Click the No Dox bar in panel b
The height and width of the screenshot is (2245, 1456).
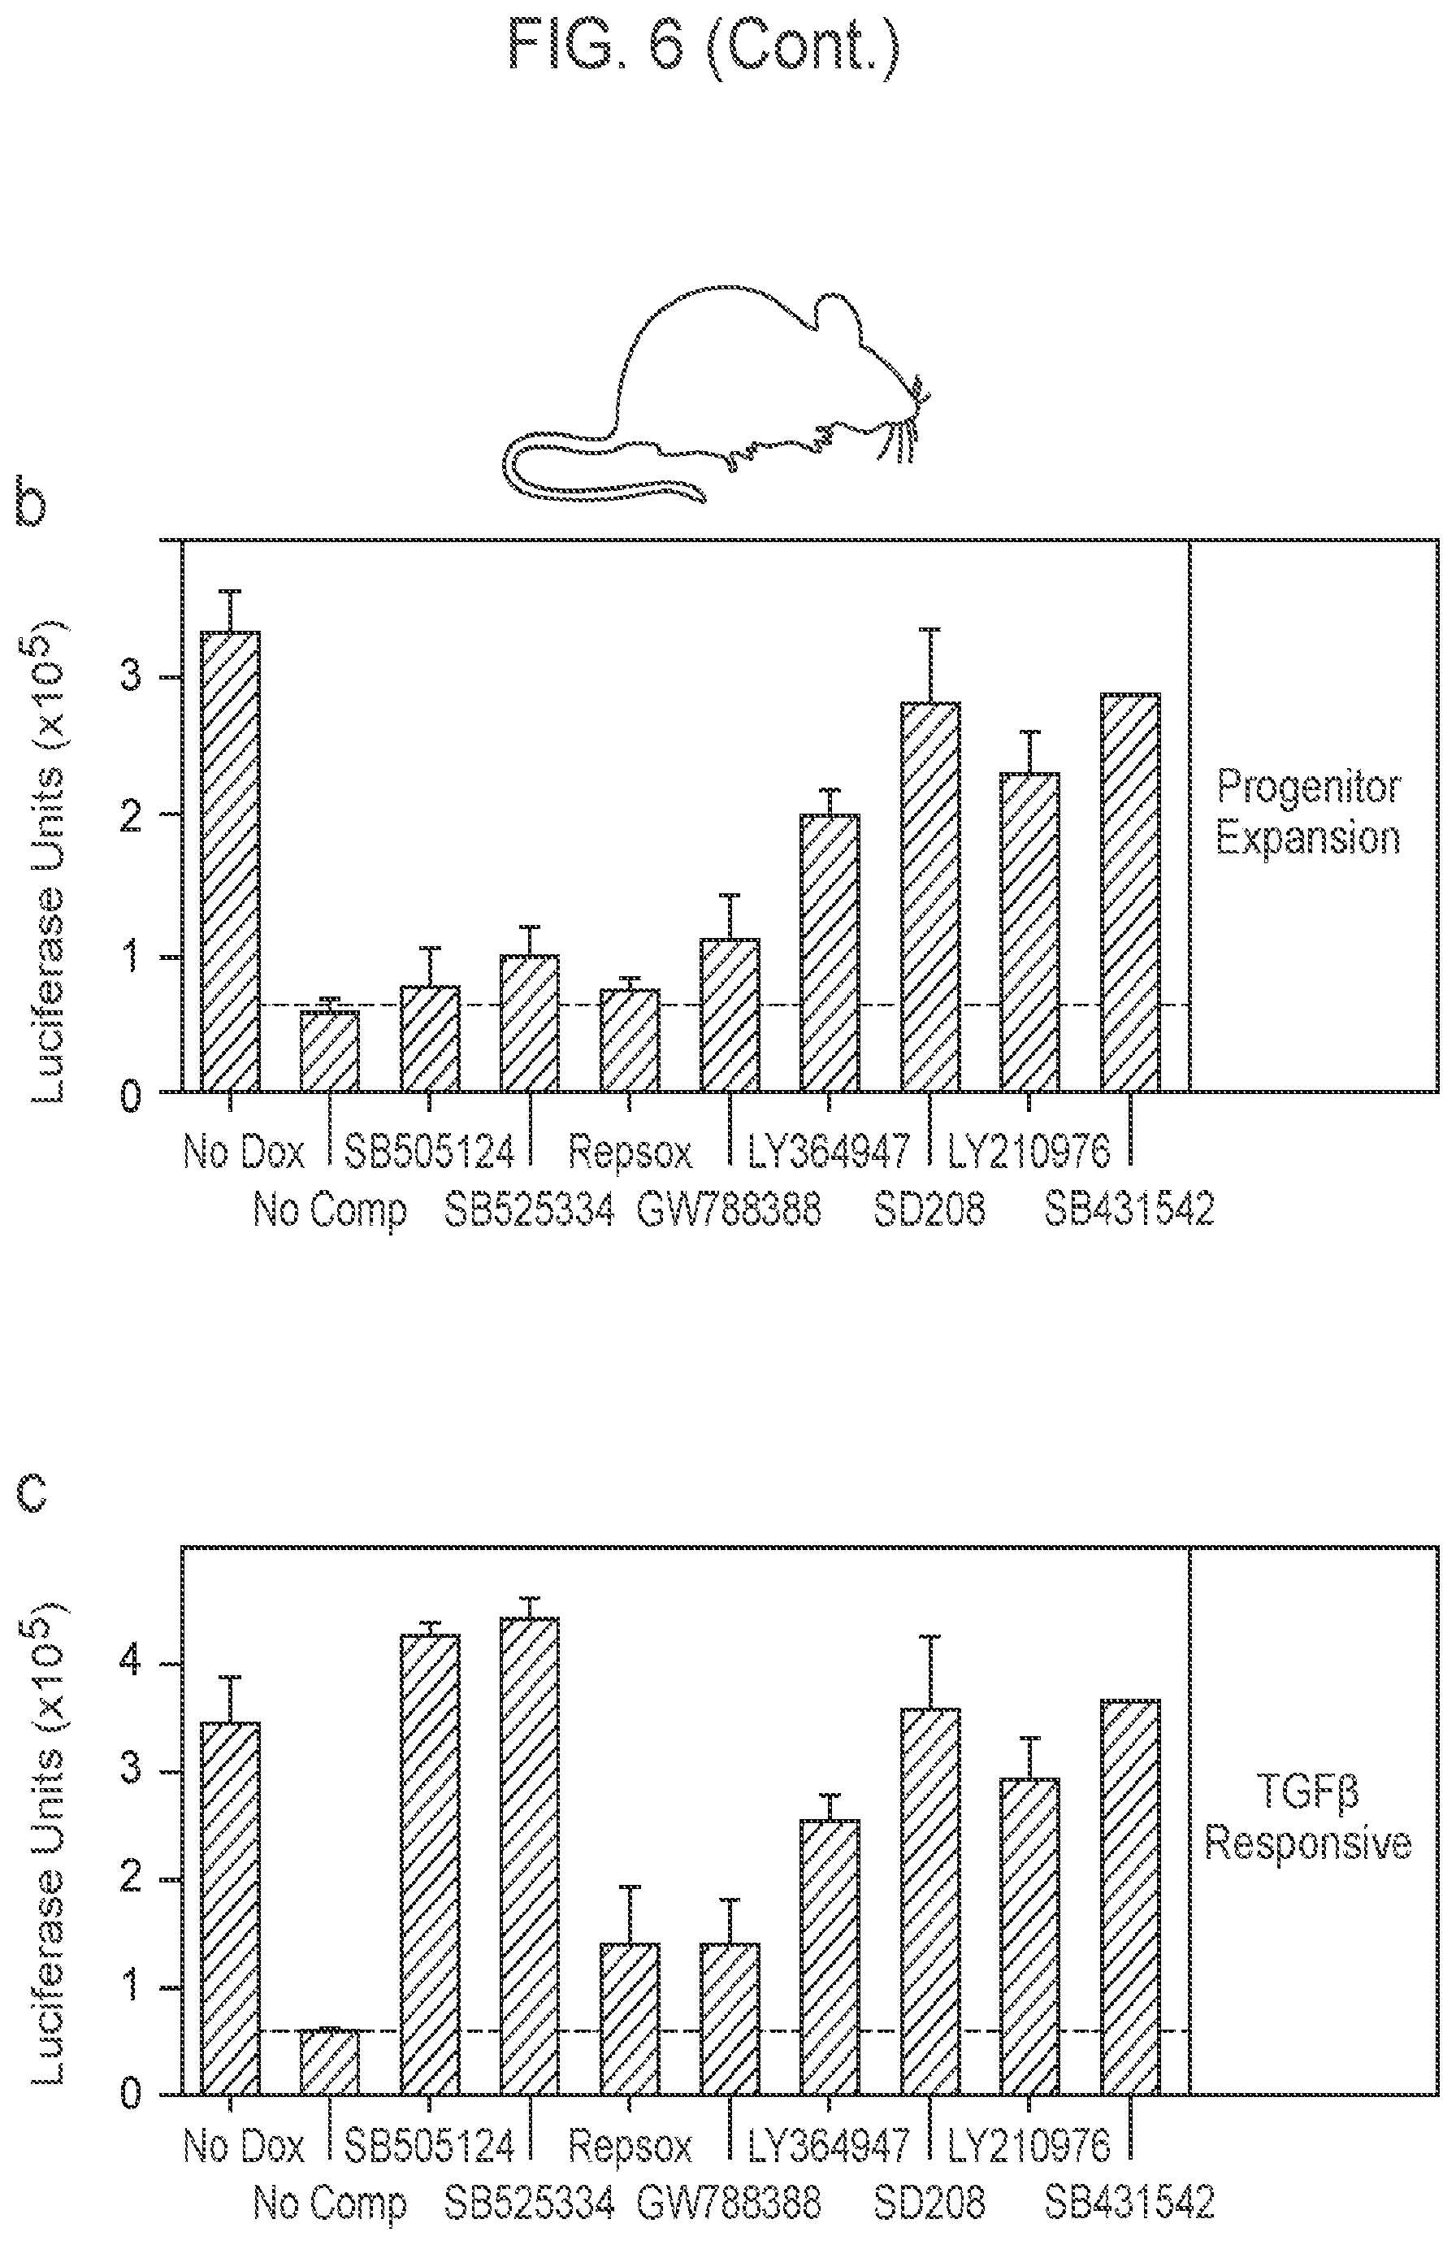[231, 862]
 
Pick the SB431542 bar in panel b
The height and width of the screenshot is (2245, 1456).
[1131, 892]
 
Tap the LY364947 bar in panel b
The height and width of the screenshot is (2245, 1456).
[830, 953]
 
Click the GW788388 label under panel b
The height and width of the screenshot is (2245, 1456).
[729, 1209]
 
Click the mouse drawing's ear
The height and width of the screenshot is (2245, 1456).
[838, 321]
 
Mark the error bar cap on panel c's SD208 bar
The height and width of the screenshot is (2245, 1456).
[931, 1636]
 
